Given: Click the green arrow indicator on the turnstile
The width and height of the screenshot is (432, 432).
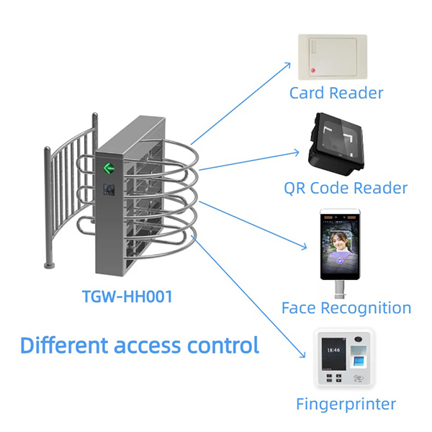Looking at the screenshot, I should tap(109, 169).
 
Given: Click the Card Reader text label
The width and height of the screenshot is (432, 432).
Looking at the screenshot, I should tap(336, 93).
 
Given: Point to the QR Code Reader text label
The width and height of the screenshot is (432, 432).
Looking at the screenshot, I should tap(346, 189).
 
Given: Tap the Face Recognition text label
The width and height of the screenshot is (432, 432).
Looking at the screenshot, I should tap(346, 308).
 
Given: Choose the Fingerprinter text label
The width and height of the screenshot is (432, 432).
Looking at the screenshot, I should tap(346, 404).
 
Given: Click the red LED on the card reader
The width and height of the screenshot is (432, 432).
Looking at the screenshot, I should tap(313, 70).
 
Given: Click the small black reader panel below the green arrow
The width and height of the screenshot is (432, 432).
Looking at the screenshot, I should tap(109, 189).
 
